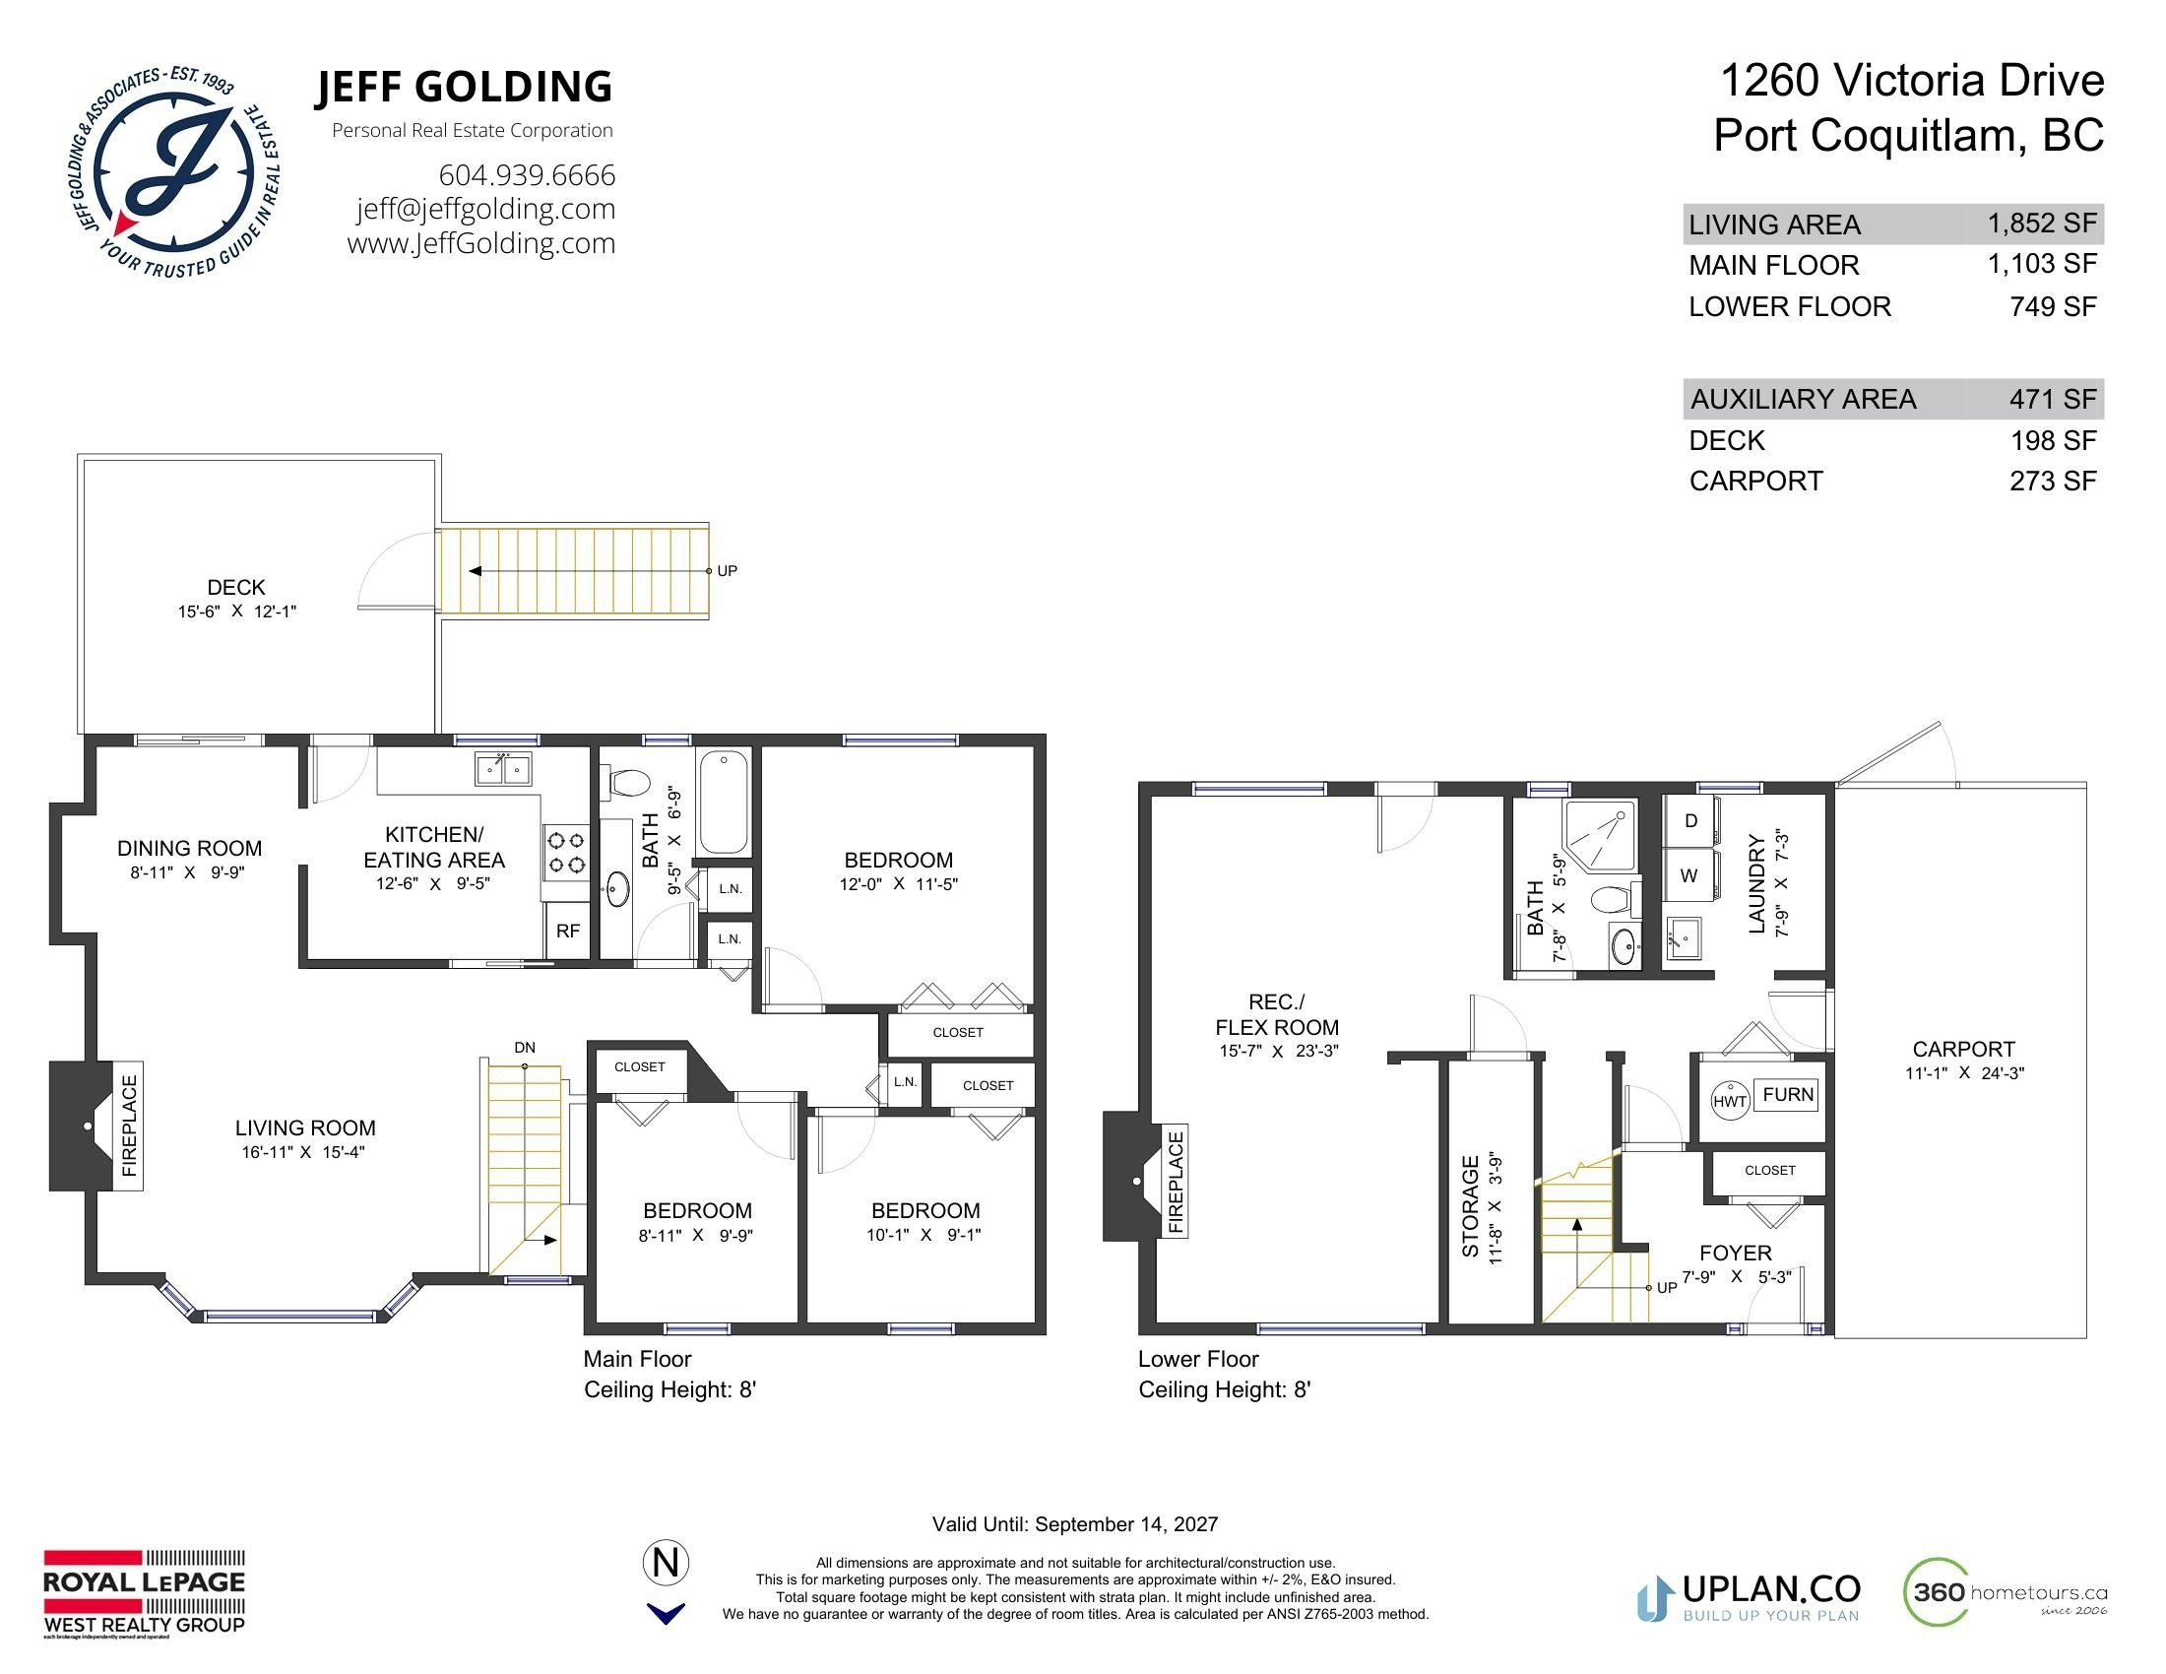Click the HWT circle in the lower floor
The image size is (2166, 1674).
click(x=1730, y=1101)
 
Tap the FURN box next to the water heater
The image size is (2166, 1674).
click(x=1787, y=1095)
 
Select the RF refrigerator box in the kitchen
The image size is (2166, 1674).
click(x=567, y=932)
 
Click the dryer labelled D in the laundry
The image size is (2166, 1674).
click(x=1690, y=820)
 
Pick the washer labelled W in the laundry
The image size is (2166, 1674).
click(x=1689, y=875)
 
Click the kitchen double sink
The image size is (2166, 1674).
click(x=503, y=769)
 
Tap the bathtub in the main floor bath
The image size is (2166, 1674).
click(x=724, y=804)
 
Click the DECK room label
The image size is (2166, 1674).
click(x=236, y=587)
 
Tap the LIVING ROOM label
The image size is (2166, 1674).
click(x=305, y=1127)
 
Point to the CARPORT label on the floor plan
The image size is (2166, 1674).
click(x=1964, y=1050)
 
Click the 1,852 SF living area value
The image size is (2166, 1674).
click(x=2042, y=225)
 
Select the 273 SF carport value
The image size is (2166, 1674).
click(x=2053, y=481)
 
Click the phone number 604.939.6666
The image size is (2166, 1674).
click(x=527, y=175)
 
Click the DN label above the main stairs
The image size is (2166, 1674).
click(x=525, y=1048)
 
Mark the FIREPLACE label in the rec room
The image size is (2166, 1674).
click(x=1177, y=1182)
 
